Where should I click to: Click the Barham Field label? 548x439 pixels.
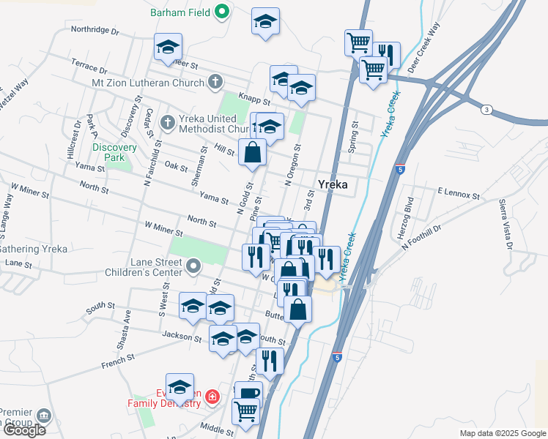click(x=179, y=12)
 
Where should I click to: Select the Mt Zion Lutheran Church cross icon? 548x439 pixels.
click(x=214, y=82)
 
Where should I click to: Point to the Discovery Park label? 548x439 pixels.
click(x=114, y=151)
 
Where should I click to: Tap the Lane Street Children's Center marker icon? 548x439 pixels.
click(x=193, y=266)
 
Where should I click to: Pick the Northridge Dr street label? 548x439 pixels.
click(x=95, y=30)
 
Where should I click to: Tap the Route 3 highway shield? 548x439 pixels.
click(x=485, y=110)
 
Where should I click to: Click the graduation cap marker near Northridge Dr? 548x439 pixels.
click(x=168, y=48)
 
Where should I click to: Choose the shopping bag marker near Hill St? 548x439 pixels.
click(x=252, y=153)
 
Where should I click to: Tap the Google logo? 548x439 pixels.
click(x=23, y=430)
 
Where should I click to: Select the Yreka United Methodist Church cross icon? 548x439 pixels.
click(x=168, y=122)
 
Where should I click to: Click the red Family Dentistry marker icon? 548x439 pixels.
click(x=212, y=397)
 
